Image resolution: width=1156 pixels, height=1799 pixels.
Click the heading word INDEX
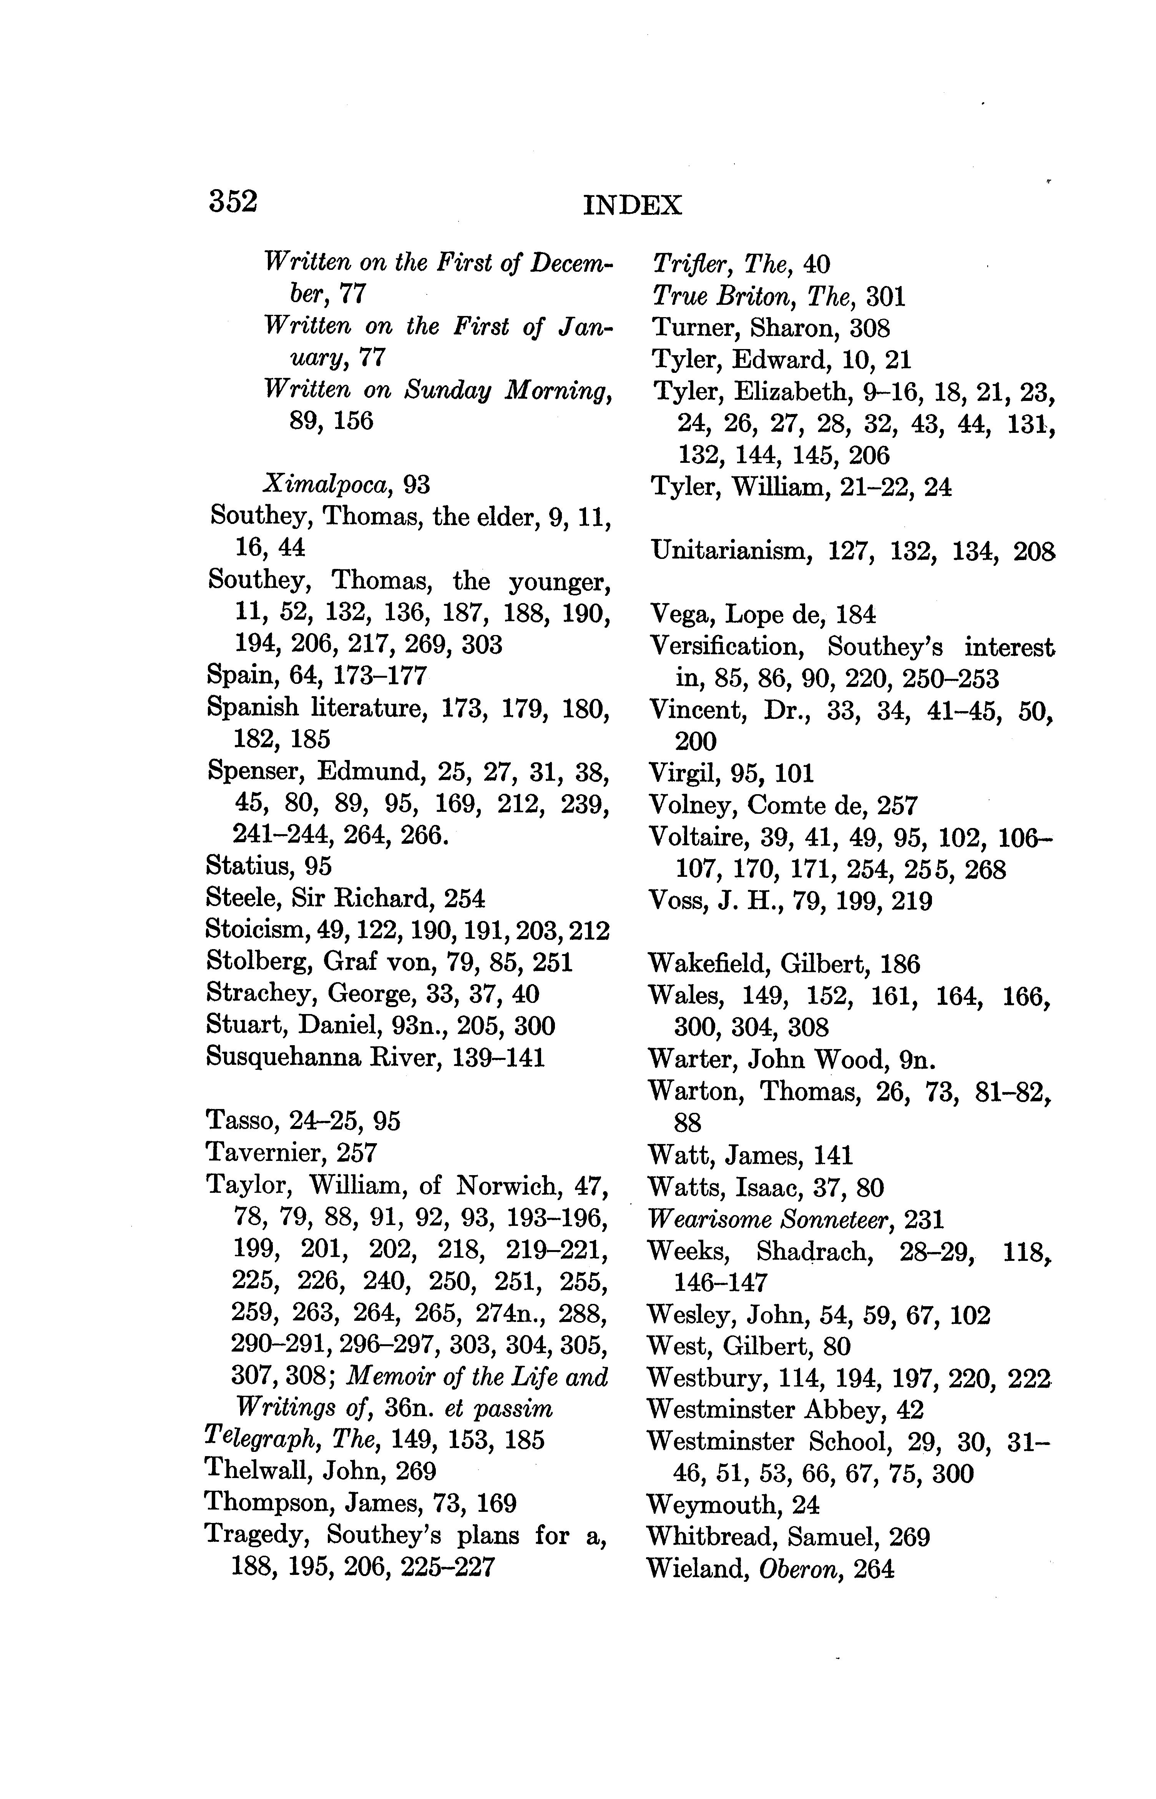(632, 205)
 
